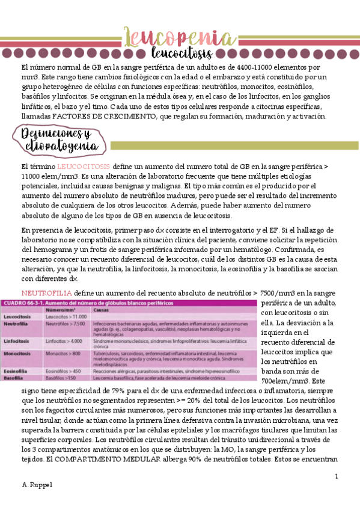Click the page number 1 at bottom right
point(337,476)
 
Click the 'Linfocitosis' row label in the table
point(19,340)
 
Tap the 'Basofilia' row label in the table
point(15,379)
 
